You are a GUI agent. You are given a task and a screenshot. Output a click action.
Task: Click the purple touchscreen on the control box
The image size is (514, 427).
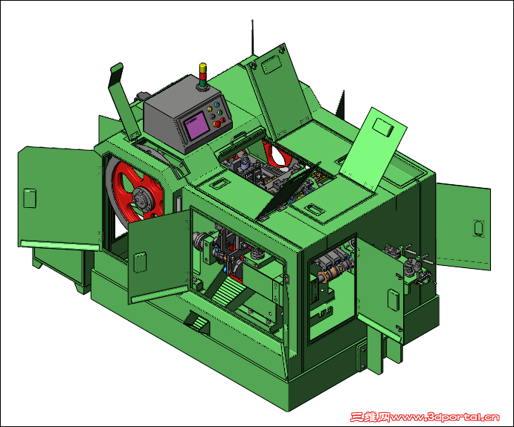[197, 125]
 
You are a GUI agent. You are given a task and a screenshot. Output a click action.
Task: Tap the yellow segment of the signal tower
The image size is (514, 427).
[203, 68]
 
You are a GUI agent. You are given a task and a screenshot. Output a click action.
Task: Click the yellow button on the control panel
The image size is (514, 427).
[210, 109]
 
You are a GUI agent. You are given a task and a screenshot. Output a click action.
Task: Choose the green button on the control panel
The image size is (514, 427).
[220, 113]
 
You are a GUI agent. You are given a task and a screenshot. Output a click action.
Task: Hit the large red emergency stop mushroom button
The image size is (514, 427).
[216, 124]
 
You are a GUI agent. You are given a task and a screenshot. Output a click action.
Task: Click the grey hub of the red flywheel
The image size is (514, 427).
[144, 198]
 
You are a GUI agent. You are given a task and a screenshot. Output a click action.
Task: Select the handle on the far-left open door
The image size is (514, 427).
[30, 198]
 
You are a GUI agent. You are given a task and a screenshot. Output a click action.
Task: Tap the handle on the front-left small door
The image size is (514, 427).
[140, 262]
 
